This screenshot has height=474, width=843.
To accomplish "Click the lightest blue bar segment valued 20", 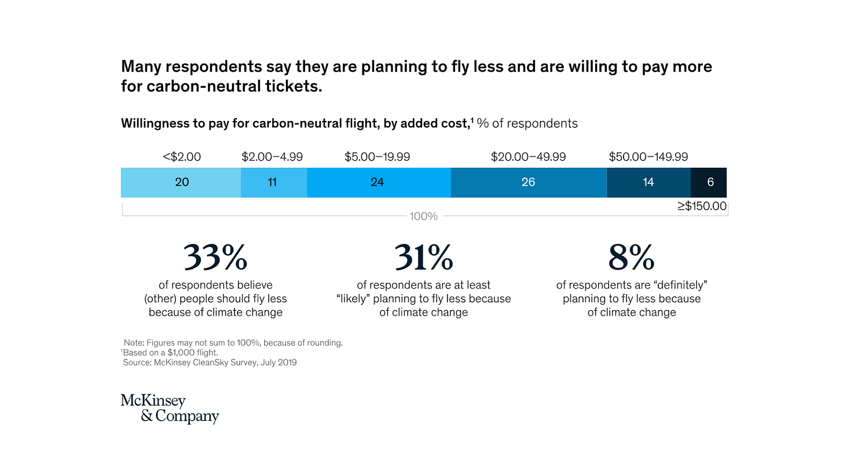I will pos(181,182).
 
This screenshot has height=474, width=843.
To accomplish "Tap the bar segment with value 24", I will pos(377,182).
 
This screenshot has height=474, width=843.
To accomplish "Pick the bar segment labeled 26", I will pos(528,182).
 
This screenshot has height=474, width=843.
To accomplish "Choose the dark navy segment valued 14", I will pos(648,182).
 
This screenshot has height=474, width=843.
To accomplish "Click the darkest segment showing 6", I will pos(709,182).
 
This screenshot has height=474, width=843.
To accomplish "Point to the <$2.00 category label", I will pos(182,157).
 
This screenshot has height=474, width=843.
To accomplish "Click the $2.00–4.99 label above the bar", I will pos(272,157).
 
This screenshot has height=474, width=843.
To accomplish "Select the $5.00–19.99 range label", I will pos(377,157).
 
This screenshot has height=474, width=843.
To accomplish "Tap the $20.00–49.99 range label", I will pos(528,157).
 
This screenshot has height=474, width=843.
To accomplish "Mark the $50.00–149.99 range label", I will pos(648,157).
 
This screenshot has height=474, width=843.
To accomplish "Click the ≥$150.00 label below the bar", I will pos(702,205).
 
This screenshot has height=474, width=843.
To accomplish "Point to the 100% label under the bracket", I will pos(423,216).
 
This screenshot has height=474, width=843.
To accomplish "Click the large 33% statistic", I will pos(215,258).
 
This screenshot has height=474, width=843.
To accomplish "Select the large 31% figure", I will pos(423,258).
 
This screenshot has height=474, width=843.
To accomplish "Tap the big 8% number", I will pos(631,258).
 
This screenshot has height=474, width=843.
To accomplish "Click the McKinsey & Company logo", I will pos(170,409).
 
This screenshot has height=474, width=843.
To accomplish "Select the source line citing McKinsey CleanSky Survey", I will pos(210,363).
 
